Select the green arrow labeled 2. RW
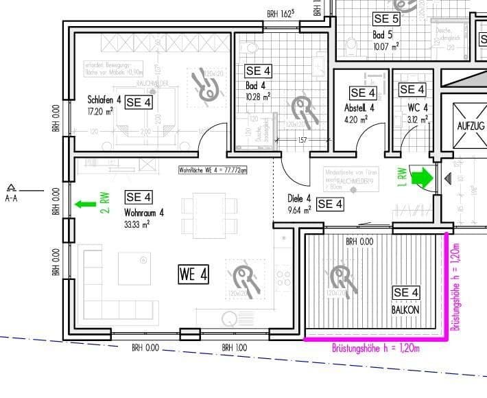click(86, 203)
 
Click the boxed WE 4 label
click(193, 274)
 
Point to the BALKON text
click(406, 309)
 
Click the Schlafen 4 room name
click(104, 99)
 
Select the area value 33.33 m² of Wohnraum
click(137, 224)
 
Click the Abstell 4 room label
click(359, 108)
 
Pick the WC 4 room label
click(418, 107)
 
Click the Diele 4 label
click(300, 199)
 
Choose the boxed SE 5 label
click(386, 19)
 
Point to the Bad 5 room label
click(383, 34)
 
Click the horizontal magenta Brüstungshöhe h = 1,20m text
click(375, 348)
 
